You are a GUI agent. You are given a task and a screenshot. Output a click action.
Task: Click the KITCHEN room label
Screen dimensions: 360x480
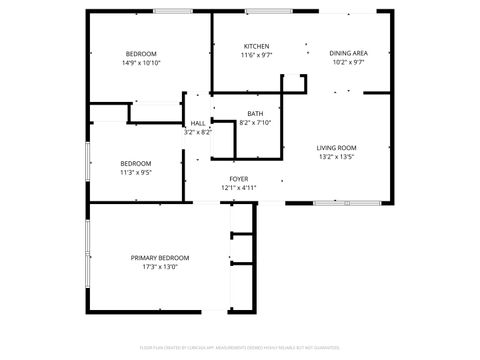pyautogui.click(x=257, y=46)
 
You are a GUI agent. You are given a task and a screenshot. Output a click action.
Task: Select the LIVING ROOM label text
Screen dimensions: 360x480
pyautogui.click(x=337, y=147)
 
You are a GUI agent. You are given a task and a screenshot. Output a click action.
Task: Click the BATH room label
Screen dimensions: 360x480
pyautogui.click(x=256, y=114)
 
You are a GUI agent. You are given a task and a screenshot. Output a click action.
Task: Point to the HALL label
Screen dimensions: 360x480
pyautogui.click(x=198, y=123)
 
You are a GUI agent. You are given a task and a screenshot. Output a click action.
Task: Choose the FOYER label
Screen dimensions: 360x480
pyautogui.click(x=238, y=178)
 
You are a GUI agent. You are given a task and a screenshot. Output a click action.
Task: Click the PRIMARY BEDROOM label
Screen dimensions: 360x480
pyautogui.click(x=160, y=257)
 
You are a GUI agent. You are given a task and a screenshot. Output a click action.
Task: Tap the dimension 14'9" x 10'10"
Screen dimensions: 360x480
pyautogui.click(x=142, y=62)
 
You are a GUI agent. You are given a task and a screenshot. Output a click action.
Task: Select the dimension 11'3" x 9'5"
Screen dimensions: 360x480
pyautogui.click(x=136, y=172)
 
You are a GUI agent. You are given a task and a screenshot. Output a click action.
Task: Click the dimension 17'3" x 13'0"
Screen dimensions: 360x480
pyautogui.click(x=160, y=266)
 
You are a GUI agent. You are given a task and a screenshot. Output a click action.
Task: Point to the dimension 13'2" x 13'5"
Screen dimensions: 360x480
pyautogui.click(x=337, y=156)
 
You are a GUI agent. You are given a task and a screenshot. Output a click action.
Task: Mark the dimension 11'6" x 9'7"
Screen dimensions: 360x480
pyautogui.click(x=257, y=55)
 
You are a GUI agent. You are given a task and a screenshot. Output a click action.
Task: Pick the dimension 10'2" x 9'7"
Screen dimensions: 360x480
pyautogui.click(x=348, y=61)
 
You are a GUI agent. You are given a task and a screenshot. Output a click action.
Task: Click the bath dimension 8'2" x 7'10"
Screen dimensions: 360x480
pyautogui.click(x=256, y=123)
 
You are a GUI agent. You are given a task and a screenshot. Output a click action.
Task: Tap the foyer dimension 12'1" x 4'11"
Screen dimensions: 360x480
pyautogui.click(x=238, y=187)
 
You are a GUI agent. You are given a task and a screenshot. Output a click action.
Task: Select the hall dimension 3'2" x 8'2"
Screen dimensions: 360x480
pyautogui.click(x=198, y=132)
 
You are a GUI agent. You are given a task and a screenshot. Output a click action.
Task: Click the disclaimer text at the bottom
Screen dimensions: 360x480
pyautogui.click(x=240, y=348)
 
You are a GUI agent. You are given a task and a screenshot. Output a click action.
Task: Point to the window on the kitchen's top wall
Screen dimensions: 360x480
pyautogui.click(x=261, y=11)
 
